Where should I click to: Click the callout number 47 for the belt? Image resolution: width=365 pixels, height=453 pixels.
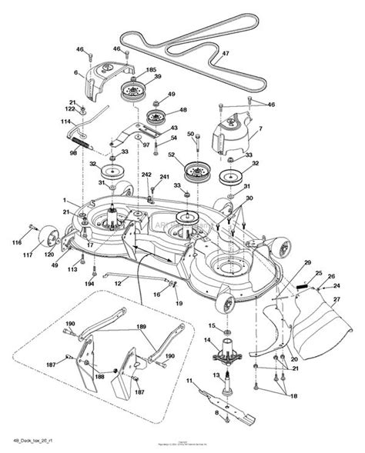point(226,55)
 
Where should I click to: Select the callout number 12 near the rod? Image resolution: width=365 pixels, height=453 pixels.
point(118,284)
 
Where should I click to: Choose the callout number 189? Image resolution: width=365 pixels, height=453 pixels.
point(140,327)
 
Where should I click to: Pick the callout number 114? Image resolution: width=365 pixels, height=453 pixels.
point(65,122)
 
